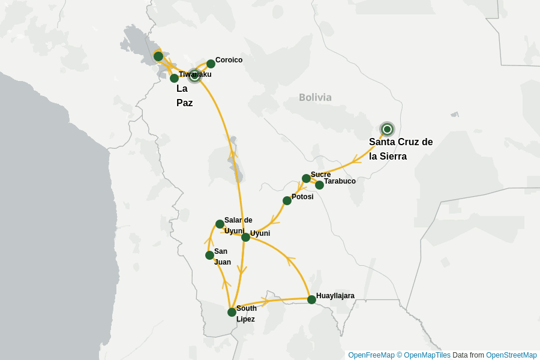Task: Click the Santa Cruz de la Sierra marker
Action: point(387,129)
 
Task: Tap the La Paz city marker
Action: point(194,76)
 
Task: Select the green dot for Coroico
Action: point(211,64)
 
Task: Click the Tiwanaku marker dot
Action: point(174,78)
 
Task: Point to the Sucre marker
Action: point(306,178)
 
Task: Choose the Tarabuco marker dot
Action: point(319,185)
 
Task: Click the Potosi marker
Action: point(287,200)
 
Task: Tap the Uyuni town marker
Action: point(245,237)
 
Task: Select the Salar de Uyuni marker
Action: point(220,224)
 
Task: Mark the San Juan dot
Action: point(209,255)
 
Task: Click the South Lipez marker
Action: point(232,312)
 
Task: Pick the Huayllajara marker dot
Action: point(311,299)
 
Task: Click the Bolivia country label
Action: point(315,97)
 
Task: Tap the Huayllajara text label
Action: point(335,296)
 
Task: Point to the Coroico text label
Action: point(229,60)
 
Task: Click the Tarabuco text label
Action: point(340,181)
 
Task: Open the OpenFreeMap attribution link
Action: point(371,355)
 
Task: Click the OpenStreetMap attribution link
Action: point(511,355)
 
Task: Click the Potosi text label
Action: point(302,197)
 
